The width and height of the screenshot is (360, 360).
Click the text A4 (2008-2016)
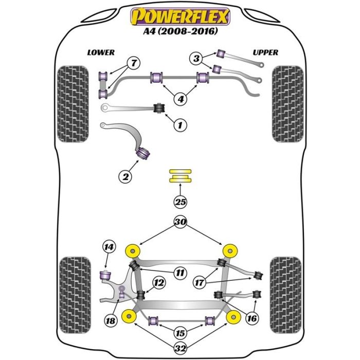point(179,32)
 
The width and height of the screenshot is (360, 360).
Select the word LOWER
point(101,52)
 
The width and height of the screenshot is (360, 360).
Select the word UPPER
point(265,52)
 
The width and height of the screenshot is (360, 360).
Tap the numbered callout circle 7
point(133,63)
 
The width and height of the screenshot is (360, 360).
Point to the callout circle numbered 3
point(196,59)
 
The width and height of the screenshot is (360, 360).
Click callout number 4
point(180,99)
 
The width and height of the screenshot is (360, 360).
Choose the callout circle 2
point(125,177)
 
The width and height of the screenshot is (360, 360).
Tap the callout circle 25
point(179,202)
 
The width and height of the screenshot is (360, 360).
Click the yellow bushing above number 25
point(179,175)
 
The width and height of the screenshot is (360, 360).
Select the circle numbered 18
point(111,320)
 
